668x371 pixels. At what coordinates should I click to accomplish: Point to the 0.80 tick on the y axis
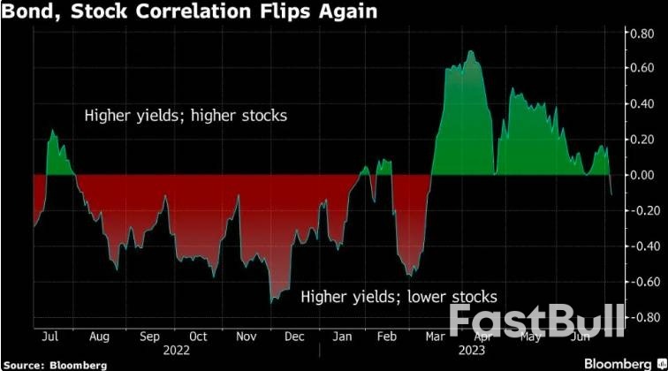tap(640, 34)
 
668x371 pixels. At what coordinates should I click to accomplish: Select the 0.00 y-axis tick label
tap(640, 175)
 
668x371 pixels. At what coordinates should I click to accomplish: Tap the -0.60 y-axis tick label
tap(638, 282)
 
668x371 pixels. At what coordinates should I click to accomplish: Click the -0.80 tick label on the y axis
tap(638, 317)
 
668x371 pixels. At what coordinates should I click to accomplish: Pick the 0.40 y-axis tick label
tap(640, 104)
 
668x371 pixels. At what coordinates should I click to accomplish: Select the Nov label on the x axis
tap(245, 337)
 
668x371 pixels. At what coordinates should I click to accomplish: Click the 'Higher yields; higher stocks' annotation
tap(186, 116)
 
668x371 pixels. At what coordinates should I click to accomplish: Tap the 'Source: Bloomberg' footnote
tap(55, 363)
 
